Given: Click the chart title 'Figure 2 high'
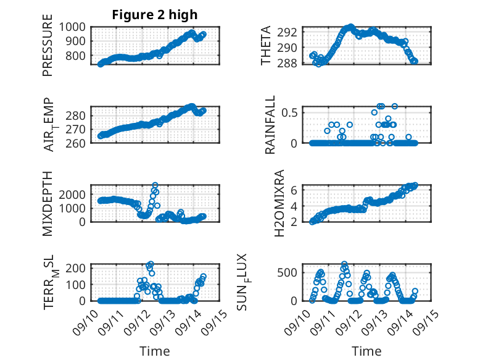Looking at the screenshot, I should point(155,15).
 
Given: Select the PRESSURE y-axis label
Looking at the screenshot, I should point(48,49).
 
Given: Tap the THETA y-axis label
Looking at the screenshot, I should point(266,47).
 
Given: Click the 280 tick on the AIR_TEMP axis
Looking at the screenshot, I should point(78,116).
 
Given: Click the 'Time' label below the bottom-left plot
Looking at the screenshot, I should point(155,351).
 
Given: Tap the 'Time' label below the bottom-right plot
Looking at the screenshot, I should point(366,351).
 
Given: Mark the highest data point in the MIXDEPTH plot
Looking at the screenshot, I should point(155,185).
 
